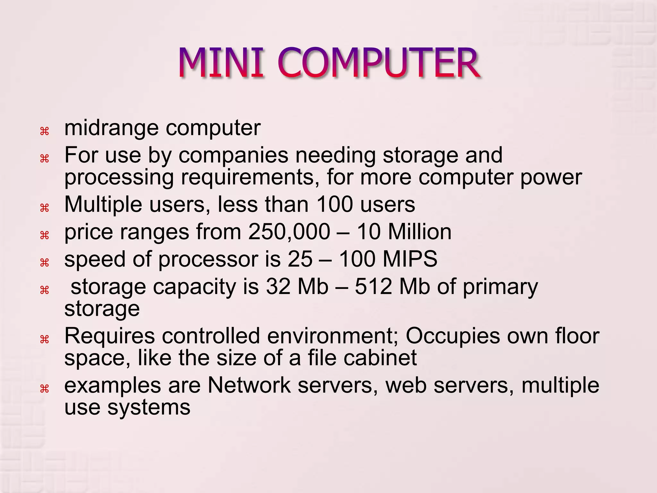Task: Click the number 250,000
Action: (x=289, y=232)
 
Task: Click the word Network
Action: (x=249, y=385)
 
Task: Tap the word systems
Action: (x=149, y=408)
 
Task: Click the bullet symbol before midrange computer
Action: (x=44, y=131)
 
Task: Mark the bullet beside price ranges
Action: (x=44, y=235)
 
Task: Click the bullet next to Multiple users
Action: (x=44, y=208)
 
